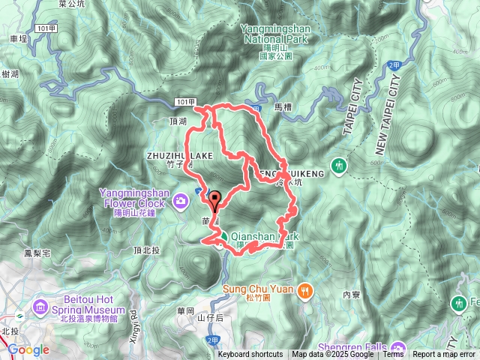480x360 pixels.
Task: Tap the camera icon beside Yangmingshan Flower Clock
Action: coord(180,200)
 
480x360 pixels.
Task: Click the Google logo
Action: coord(28,349)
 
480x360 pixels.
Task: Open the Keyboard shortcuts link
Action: coord(250,355)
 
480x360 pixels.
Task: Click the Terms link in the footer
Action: coord(393,355)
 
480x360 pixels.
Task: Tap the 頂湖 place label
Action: coord(178,120)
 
